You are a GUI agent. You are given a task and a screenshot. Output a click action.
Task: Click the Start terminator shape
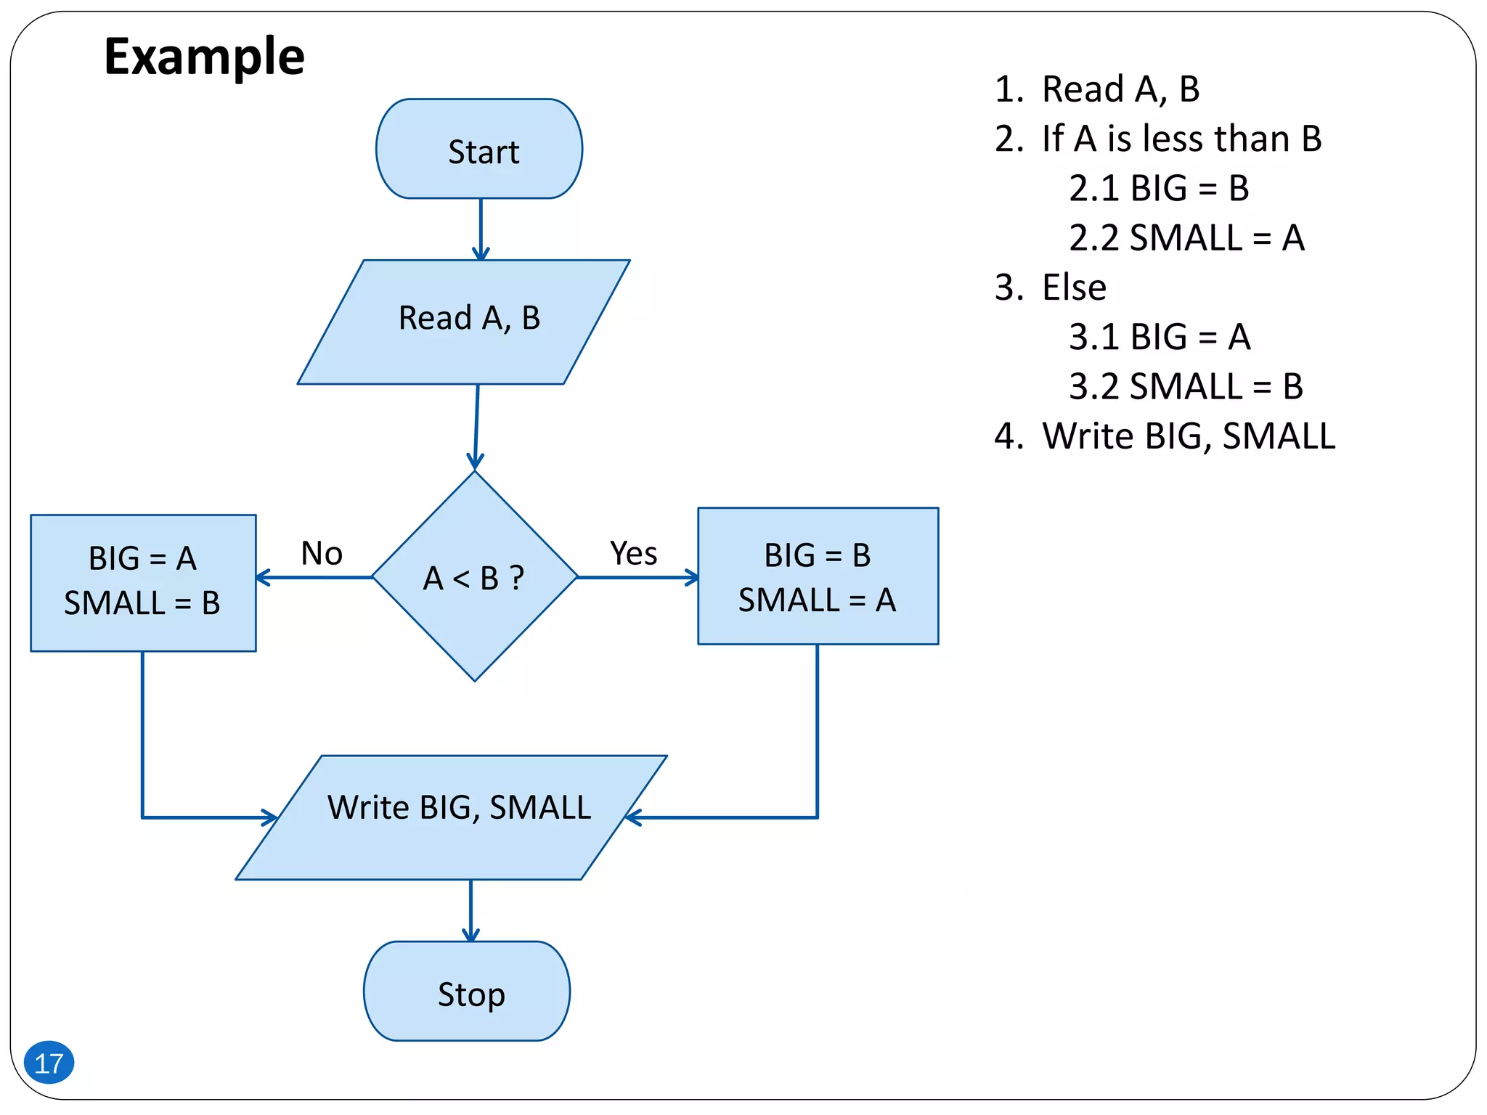click(479, 150)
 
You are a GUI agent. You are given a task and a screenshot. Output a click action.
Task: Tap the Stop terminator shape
click(467, 992)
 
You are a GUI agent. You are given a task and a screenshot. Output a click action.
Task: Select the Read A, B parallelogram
click(465, 322)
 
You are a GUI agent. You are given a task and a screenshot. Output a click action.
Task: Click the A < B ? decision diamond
click(475, 577)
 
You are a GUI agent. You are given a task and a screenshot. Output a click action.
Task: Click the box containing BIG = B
click(818, 576)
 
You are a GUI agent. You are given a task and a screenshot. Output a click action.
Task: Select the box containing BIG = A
click(143, 583)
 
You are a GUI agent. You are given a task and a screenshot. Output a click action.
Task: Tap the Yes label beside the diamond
click(634, 553)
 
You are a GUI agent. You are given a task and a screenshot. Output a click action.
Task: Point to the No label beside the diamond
click(322, 553)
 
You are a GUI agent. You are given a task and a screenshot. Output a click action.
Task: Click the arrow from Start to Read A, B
click(481, 229)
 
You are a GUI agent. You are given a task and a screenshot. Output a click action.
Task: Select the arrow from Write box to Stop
click(470, 910)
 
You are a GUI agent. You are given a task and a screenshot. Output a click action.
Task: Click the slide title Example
click(204, 57)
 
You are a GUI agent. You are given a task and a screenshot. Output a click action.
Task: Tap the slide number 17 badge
click(49, 1063)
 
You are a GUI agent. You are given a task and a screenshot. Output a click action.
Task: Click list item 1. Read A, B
click(1096, 89)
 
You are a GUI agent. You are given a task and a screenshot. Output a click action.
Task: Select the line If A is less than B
click(1159, 139)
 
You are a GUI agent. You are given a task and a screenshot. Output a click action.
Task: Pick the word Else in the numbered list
click(1074, 287)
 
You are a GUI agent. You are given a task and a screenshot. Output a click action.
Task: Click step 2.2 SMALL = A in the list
click(1186, 238)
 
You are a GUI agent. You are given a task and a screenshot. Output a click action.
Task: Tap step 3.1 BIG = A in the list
click(1160, 337)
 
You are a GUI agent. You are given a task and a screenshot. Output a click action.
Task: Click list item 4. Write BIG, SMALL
click(1165, 436)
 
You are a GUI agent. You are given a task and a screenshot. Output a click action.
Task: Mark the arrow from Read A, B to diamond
click(476, 427)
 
